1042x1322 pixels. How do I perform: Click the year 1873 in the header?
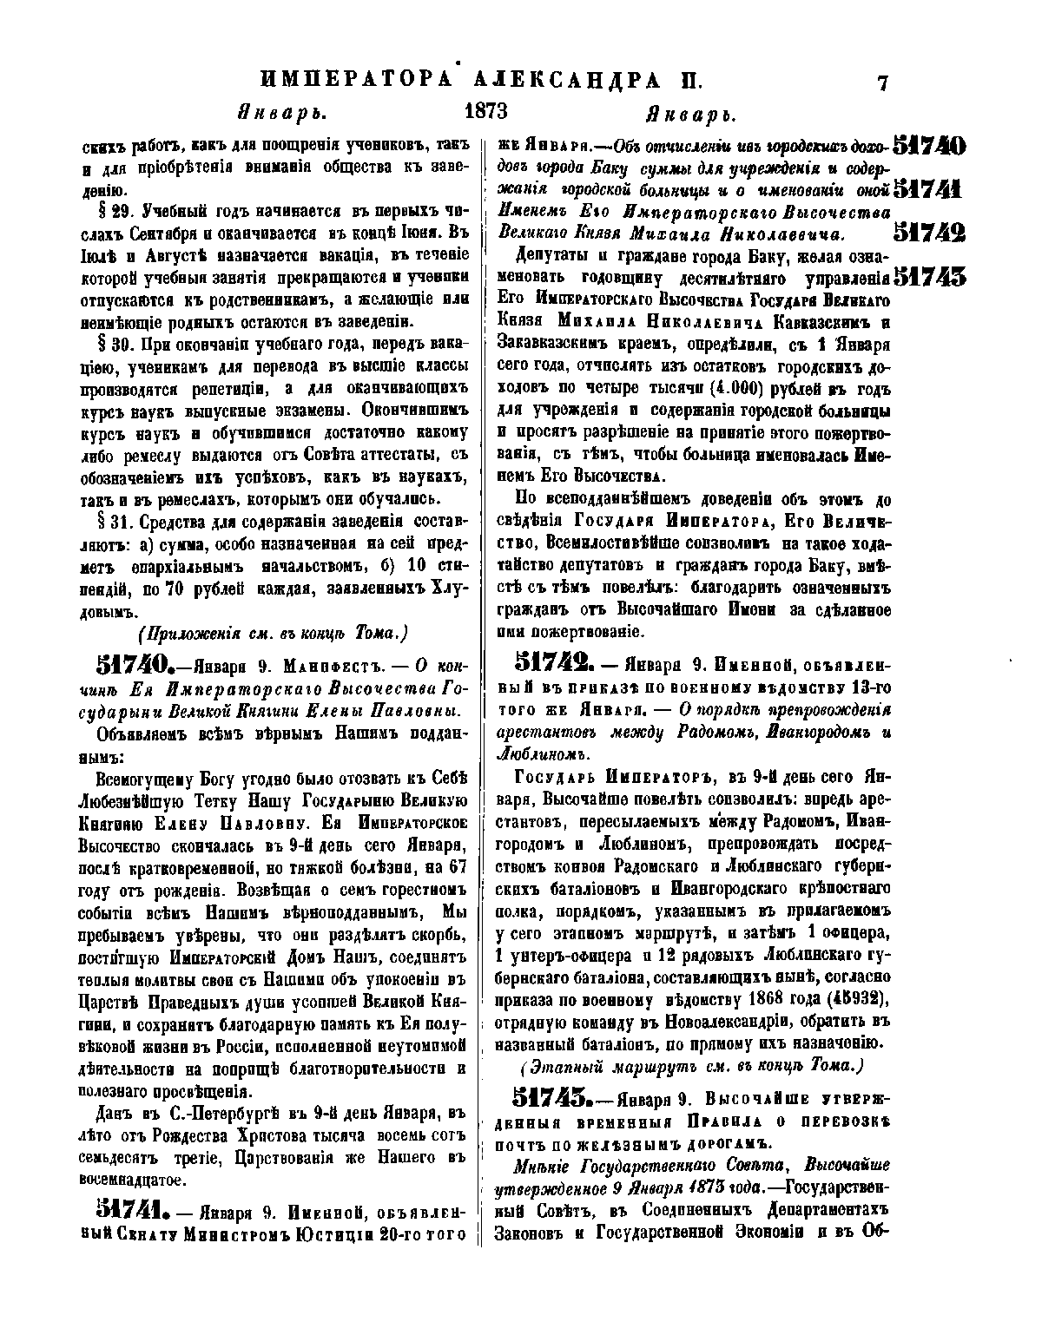pos(486,112)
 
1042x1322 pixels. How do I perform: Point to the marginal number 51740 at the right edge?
pos(929,145)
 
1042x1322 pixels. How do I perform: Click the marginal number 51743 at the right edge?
pos(929,277)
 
